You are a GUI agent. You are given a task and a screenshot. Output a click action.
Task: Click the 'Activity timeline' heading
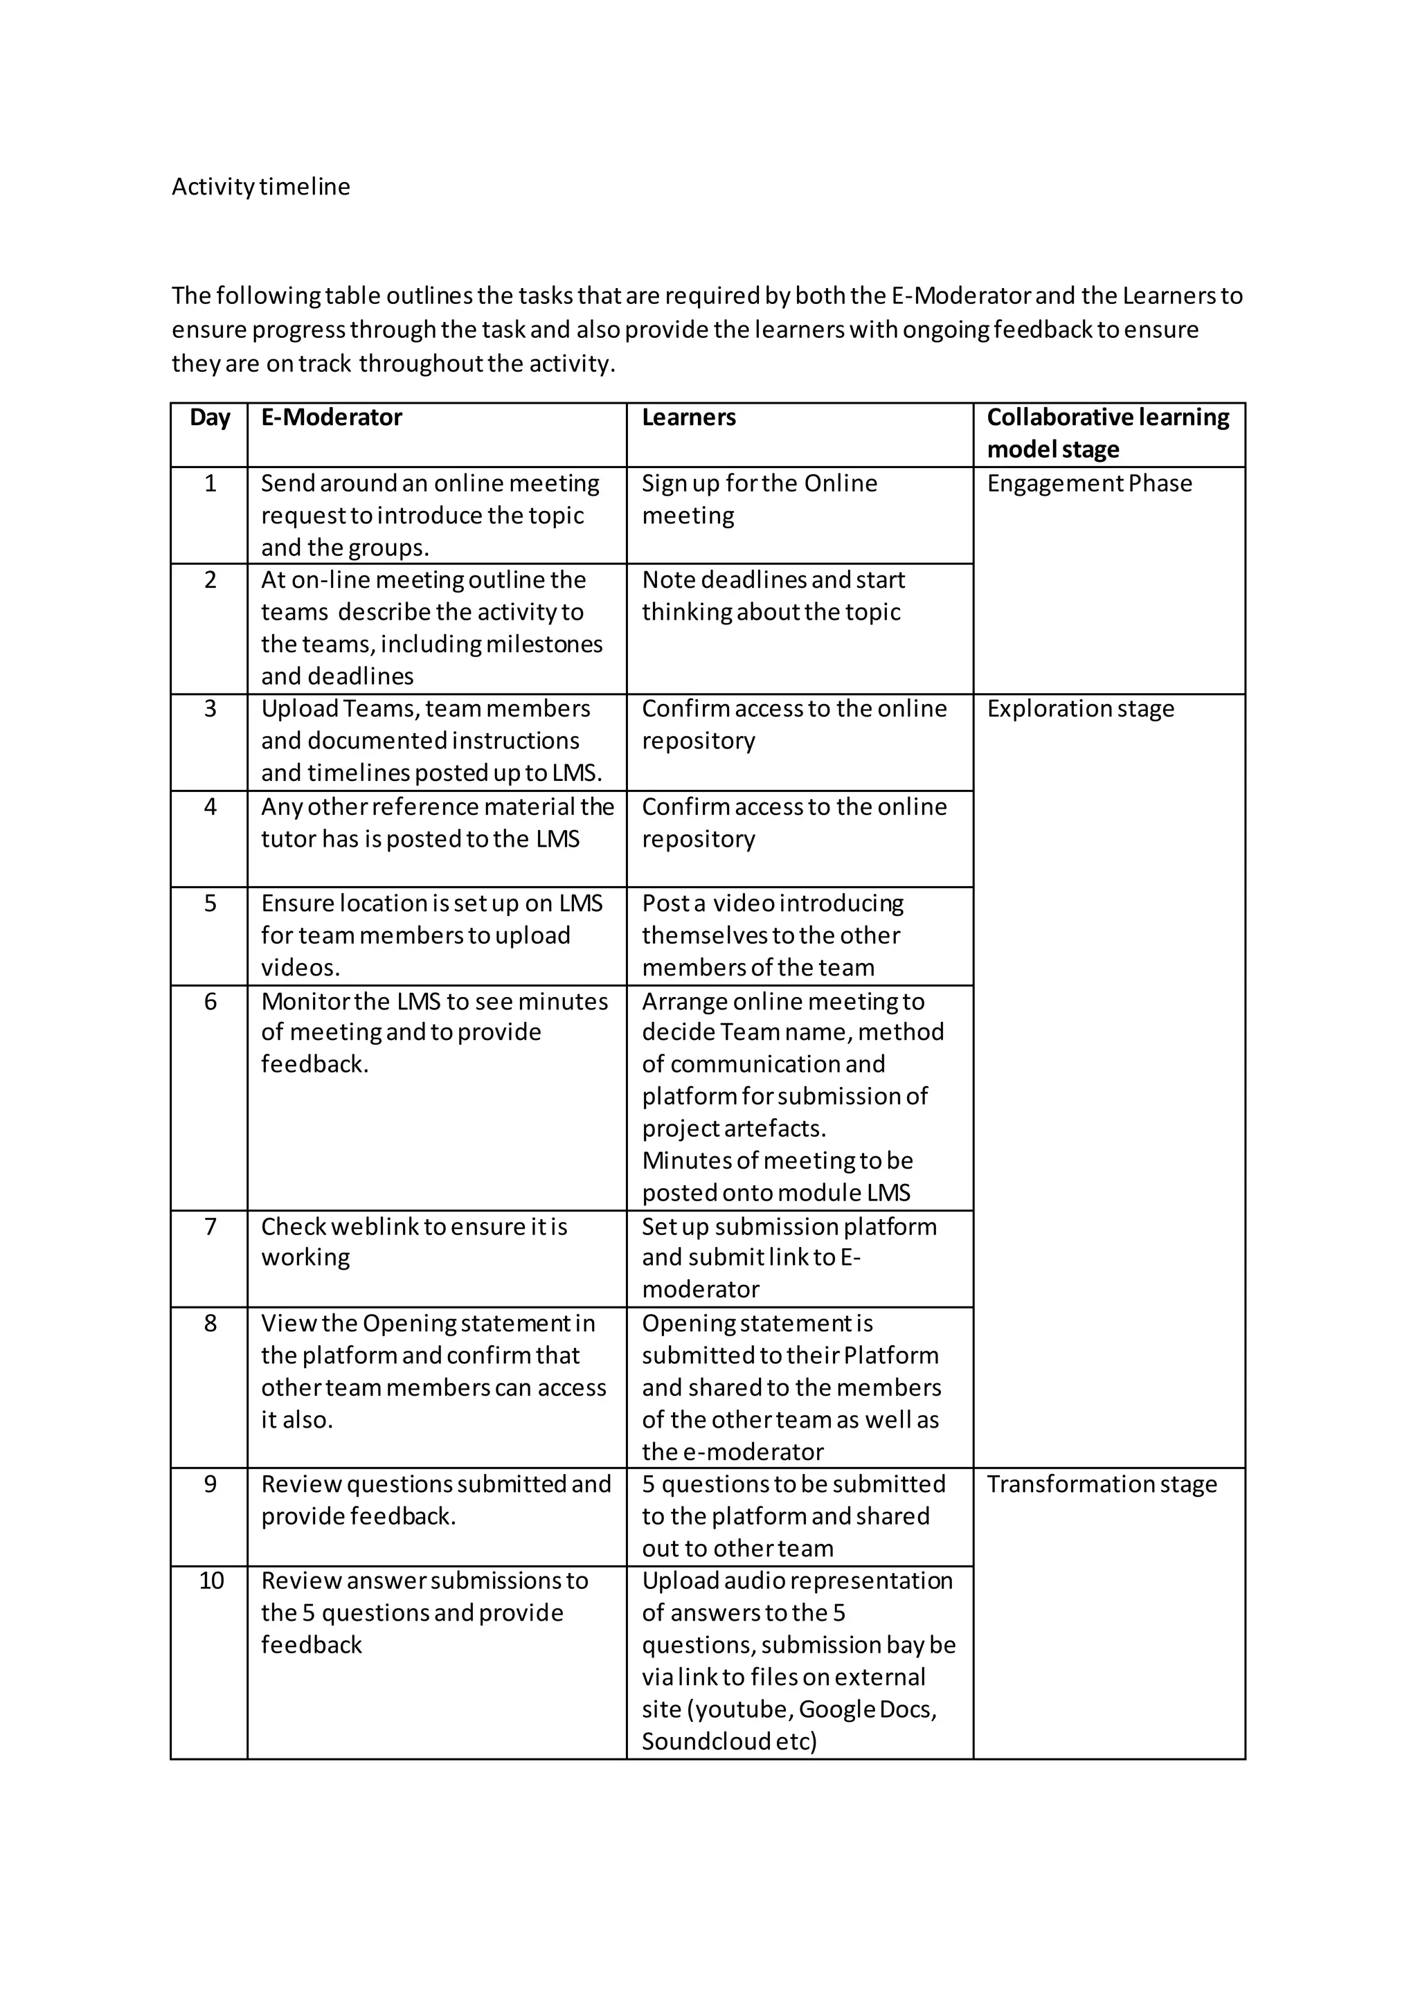pyautogui.click(x=260, y=187)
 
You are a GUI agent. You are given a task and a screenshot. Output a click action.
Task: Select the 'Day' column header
pyautogui.click(x=210, y=417)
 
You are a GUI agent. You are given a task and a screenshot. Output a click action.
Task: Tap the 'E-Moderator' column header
pyautogui.click(x=332, y=417)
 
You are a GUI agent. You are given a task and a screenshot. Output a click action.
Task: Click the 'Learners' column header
pyautogui.click(x=689, y=417)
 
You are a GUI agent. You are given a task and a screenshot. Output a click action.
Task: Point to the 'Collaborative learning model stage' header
pyautogui.click(x=1107, y=433)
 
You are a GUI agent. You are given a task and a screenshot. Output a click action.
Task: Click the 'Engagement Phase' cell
pyautogui.click(x=1089, y=484)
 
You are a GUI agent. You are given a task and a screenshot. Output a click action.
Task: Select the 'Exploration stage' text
pyautogui.click(x=1080, y=709)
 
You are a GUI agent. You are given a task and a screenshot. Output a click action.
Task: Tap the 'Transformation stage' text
pyautogui.click(x=1101, y=1484)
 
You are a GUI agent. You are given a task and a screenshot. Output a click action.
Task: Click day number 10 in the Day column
pyautogui.click(x=210, y=1581)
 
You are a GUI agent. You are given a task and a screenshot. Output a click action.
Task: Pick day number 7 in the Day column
pyautogui.click(x=210, y=1227)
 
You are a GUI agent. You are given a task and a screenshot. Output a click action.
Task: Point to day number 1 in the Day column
pyautogui.click(x=210, y=484)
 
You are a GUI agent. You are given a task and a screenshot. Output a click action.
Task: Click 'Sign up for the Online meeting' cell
pyautogui.click(x=760, y=499)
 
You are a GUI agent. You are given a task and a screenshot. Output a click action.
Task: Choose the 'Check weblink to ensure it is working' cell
pyautogui.click(x=414, y=1242)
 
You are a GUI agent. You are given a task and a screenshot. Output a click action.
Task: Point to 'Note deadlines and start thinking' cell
pyautogui.click(x=773, y=596)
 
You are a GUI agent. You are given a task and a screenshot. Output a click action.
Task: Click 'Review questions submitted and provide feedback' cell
pyautogui.click(x=435, y=1500)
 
